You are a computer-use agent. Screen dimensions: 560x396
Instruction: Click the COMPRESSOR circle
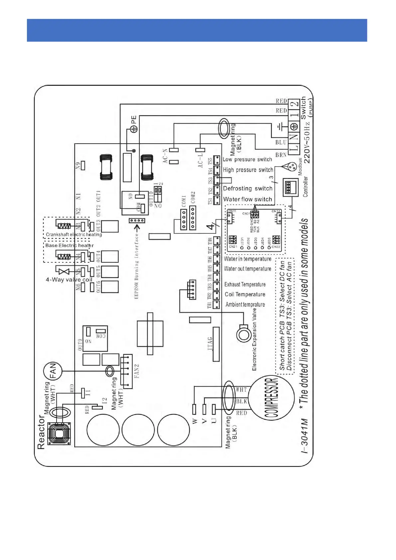click(271, 398)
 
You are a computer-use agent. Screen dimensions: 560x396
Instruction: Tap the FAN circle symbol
click(53, 371)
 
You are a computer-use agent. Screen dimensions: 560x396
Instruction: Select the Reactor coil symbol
click(59, 433)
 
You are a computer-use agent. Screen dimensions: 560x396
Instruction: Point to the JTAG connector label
click(210, 344)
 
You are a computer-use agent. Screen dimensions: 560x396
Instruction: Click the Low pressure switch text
click(247, 160)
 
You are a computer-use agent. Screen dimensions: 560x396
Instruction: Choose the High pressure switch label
click(248, 170)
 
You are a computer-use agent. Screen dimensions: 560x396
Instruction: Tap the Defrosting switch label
click(248, 189)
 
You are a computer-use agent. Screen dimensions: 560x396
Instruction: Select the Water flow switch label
click(248, 199)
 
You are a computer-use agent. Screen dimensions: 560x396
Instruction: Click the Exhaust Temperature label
click(245, 284)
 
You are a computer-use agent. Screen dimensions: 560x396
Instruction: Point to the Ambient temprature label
click(245, 304)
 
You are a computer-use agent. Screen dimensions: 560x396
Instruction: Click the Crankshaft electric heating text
click(73, 234)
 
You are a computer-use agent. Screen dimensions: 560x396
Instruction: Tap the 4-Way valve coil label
click(69, 280)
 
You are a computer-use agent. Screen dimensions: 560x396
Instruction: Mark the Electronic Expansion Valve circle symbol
click(244, 335)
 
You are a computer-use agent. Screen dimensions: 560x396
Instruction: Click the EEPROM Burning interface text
click(136, 266)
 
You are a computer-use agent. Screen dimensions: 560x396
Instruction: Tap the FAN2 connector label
click(136, 371)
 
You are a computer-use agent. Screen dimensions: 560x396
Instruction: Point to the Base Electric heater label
click(69, 245)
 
